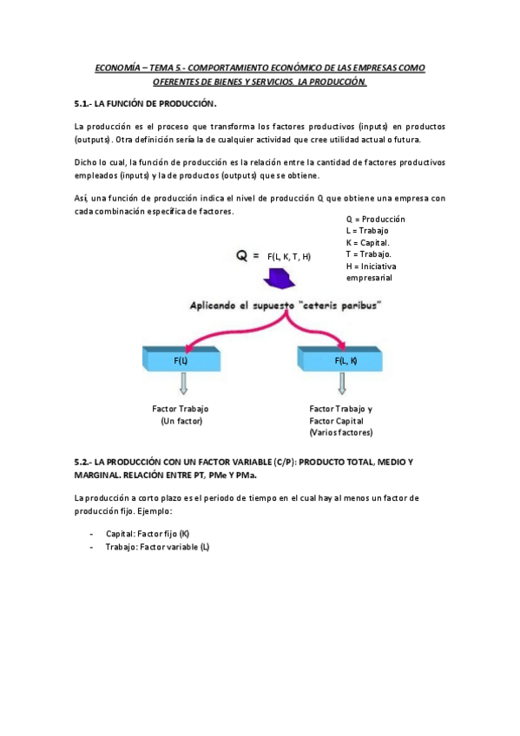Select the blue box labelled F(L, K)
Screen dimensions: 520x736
(340, 358)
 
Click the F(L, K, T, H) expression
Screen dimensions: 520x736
(289, 257)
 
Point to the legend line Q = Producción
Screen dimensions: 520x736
(375, 220)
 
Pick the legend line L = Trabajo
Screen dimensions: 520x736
(367, 231)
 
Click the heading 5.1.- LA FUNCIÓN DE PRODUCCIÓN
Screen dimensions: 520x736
(145, 103)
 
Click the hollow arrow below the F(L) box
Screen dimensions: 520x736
(183, 383)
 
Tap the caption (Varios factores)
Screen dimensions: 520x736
(340, 432)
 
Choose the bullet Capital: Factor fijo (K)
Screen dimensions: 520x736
(147, 535)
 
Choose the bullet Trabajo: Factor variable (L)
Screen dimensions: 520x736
(157, 548)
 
